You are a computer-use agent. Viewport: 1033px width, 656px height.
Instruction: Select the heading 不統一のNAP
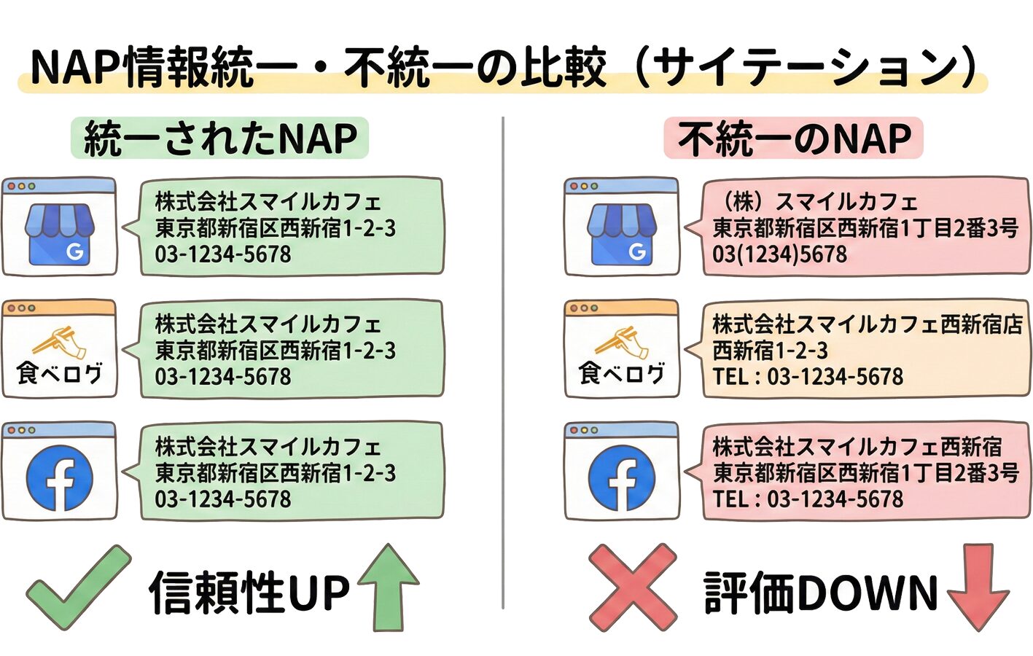(794, 138)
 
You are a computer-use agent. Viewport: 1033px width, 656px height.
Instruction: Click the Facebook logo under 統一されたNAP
(60, 478)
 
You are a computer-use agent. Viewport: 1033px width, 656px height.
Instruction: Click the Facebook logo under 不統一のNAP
(622, 478)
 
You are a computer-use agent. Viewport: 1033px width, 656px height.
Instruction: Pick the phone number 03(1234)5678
(780, 254)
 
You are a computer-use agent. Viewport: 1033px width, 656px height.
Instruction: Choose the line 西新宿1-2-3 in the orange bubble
(771, 351)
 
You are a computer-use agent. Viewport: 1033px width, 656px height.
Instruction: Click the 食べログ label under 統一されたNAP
(60, 374)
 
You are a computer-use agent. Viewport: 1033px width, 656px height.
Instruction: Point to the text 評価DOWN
(821, 592)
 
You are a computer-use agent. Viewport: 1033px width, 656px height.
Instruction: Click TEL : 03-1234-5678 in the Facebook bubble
(808, 499)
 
